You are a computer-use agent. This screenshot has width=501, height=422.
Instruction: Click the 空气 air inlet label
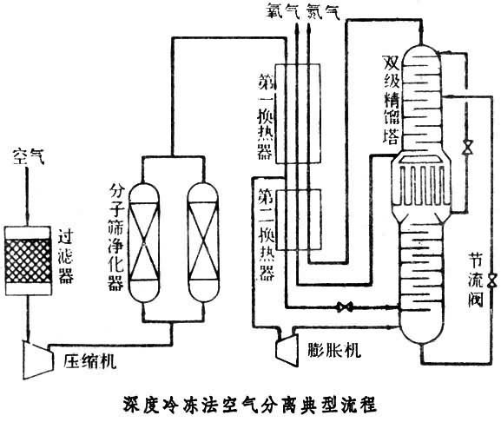coord(29,157)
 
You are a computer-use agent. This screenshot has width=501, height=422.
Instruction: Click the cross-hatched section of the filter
coord(28,261)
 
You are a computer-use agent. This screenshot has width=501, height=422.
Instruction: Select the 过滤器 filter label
coord(66,256)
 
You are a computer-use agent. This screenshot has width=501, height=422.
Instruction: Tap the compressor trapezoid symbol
coord(37,359)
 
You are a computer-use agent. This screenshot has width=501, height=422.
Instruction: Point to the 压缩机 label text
coord(89,361)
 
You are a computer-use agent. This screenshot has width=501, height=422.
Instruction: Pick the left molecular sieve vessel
coord(144,242)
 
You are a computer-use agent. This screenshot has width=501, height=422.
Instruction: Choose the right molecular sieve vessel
coord(203,242)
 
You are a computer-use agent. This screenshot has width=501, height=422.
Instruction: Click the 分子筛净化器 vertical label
coord(116,237)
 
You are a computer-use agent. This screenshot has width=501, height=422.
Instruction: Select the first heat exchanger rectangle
coord(298,114)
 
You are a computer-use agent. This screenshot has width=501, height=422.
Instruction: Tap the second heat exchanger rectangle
coord(298,220)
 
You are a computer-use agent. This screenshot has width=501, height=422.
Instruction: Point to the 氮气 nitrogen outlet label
coord(323,11)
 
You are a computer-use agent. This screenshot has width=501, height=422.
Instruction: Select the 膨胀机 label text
coord(334,350)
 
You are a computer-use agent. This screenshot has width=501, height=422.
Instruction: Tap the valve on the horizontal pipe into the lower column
coord(345,307)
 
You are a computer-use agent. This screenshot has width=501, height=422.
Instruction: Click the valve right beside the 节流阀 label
coord(492,280)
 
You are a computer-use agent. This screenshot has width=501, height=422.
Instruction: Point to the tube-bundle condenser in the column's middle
coord(422,186)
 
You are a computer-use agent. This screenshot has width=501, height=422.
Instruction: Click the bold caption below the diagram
coord(250,405)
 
